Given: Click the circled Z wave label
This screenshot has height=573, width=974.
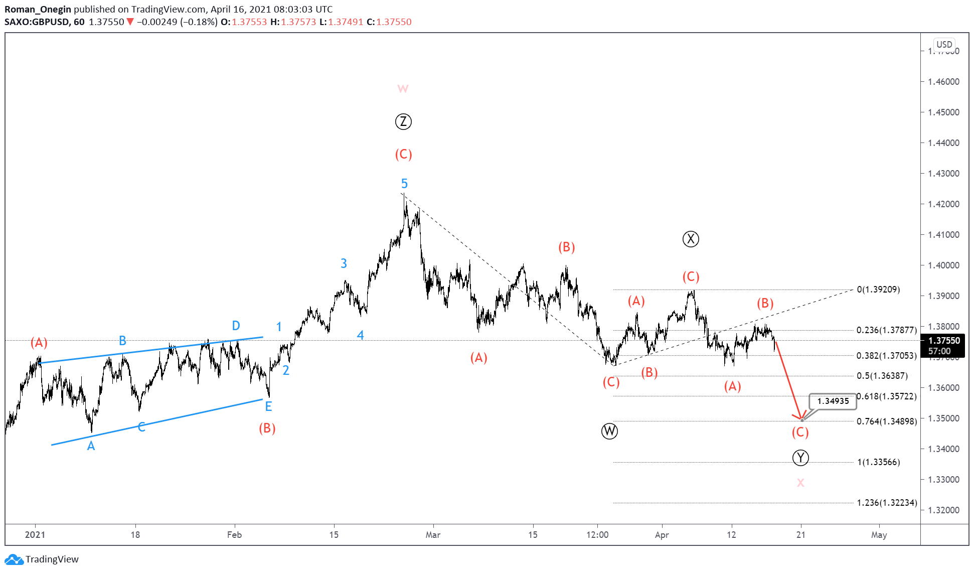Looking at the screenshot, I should click(403, 121).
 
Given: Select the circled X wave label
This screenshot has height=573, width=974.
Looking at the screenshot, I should click(691, 239).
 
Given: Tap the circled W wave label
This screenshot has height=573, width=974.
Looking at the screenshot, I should click(609, 431).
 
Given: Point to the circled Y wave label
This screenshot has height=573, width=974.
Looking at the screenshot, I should click(800, 458).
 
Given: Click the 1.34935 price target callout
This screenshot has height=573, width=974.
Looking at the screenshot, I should click(833, 401).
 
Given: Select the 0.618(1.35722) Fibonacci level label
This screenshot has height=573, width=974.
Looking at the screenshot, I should click(886, 396).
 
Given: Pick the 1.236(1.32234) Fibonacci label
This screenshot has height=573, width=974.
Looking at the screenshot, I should click(887, 502).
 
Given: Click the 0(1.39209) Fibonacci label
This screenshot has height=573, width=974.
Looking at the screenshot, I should click(878, 290).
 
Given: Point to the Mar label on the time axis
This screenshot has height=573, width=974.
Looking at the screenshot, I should click(433, 535).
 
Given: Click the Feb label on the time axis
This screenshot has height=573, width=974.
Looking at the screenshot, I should click(234, 535).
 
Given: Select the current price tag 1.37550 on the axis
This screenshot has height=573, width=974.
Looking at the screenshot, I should click(944, 341).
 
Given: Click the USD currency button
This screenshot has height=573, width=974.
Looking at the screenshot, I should click(944, 44).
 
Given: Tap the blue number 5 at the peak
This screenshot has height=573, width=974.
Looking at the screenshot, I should click(404, 184).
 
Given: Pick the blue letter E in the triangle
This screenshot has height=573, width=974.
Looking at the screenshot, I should click(268, 406).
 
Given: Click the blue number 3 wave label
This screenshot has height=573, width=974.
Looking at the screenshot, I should click(344, 263).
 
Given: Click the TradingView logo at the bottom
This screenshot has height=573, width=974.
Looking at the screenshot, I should click(42, 559).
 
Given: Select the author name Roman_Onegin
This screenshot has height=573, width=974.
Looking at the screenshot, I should click(38, 9).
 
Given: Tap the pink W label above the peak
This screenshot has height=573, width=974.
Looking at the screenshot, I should click(403, 89).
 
